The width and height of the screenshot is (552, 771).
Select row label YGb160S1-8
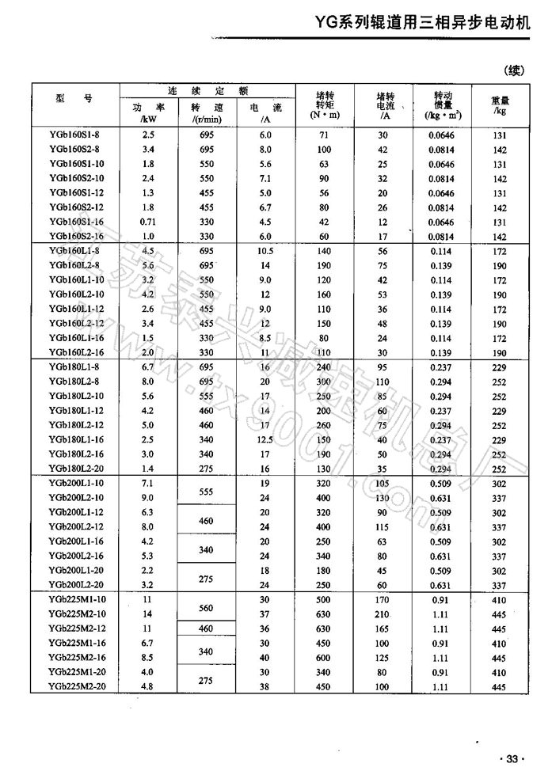[74, 135]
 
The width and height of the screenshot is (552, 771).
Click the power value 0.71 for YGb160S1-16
[147, 222]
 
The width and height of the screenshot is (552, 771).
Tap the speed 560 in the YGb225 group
[206, 609]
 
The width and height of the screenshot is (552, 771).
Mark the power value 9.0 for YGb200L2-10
[147, 496]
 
